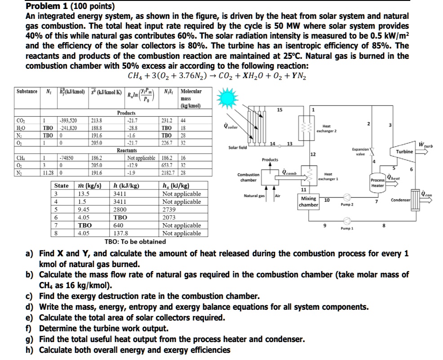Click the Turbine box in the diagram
click(x=403, y=151)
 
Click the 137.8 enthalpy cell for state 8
click(x=121, y=233)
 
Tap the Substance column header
click(x=27, y=91)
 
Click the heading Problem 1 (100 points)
click(x=70, y=7)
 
